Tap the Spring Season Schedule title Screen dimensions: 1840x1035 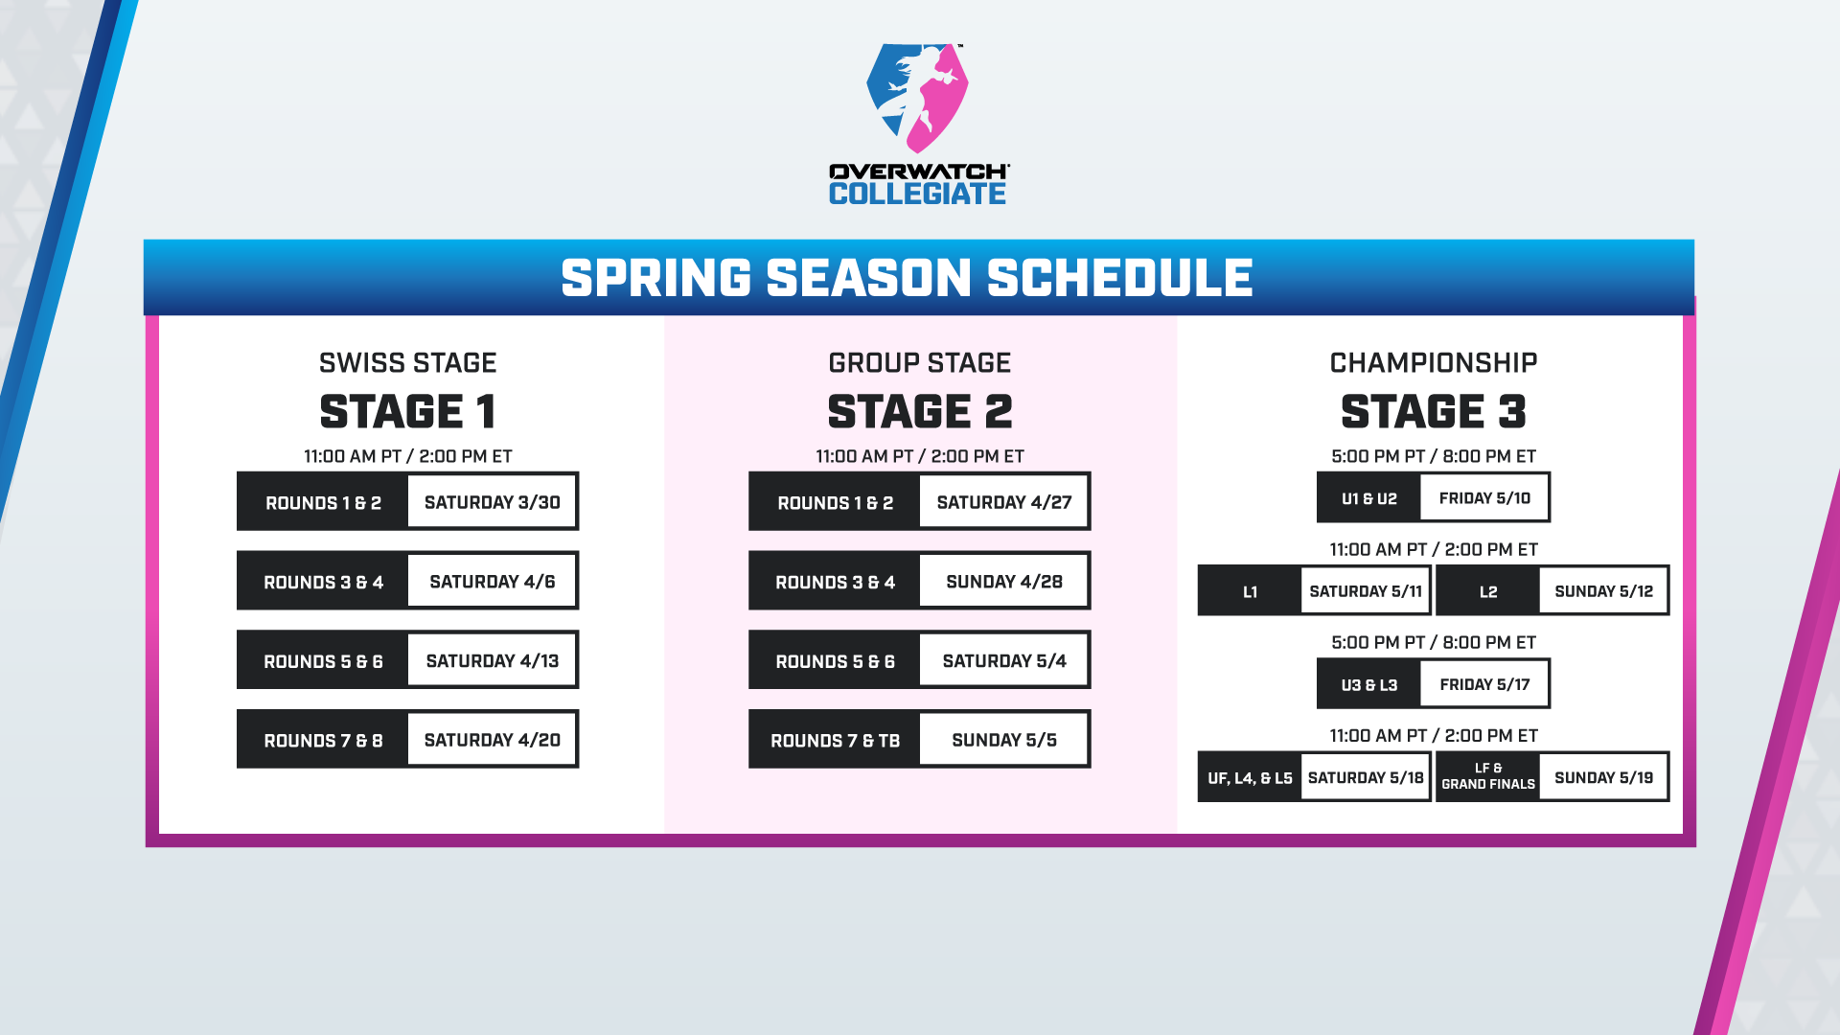click(x=907, y=278)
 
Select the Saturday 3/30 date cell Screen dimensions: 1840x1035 click(x=492, y=501)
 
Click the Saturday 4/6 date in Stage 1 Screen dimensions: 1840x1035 click(x=492, y=581)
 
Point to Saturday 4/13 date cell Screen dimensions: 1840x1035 click(x=492, y=660)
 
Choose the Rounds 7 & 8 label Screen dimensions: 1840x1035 click(x=323, y=740)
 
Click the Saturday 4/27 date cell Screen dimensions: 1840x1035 click(x=1003, y=501)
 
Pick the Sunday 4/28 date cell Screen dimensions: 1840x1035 click(x=1003, y=581)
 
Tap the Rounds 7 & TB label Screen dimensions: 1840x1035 click(x=835, y=740)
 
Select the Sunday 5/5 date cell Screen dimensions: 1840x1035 click(x=1003, y=739)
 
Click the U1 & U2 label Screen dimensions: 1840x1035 click(x=1368, y=498)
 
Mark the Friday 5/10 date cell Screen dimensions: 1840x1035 click(x=1483, y=497)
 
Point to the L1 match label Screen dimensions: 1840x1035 click(x=1250, y=591)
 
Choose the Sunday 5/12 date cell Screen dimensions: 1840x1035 click(x=1603, y=590)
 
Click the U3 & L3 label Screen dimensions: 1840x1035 click(x=1368, y=684)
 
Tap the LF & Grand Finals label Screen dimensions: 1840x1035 click(x=1488, y=776)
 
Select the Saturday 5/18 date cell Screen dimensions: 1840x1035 click(x=1366, y=776)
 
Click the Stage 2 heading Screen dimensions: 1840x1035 click(x=920, y=412)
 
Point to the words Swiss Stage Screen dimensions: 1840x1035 click(x=408, y=362)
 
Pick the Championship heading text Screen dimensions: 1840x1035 click(x=1434, y=362)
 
